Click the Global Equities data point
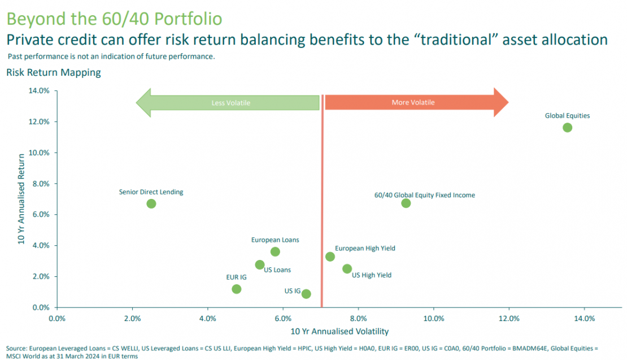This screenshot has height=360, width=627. click(x=567, y=127)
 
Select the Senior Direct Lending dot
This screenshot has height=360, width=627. click(x=151, y=203)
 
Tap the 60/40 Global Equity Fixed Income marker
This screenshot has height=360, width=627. click(x=406, y=203)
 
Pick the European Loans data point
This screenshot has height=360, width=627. click(x=275, y=251)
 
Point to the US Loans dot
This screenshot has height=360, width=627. click(x=259, y=264)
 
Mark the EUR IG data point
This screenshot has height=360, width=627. click(x=236, y=289)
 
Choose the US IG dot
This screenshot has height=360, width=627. click(x=306, y=294)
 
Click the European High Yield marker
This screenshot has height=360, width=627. click(x=330, y=257)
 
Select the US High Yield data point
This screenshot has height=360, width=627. click(x=347, y=268)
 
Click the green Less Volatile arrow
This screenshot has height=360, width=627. click(x=226, y=103)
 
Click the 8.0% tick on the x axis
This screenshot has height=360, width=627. click(x=359, y=318)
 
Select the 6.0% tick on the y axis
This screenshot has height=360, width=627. click(x=43, y=215)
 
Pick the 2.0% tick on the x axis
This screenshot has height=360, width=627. click(x=132, y=318)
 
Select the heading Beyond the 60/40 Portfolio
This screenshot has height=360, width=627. click(x=114, y=19)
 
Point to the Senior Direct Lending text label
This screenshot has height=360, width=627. click(x=151, y=192)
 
